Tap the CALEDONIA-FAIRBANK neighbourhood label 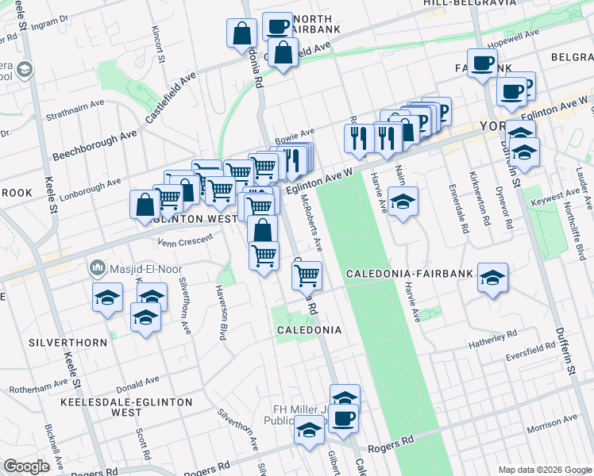pos(410,274)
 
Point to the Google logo pos(26,466)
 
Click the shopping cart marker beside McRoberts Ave pos(307,276)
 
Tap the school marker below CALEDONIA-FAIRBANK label pos(492,278)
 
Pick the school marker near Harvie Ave pos(403,203)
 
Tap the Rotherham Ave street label pos(39,386)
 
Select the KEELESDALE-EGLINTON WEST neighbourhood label pos(127,407)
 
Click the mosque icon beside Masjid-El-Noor pos(98,267)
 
